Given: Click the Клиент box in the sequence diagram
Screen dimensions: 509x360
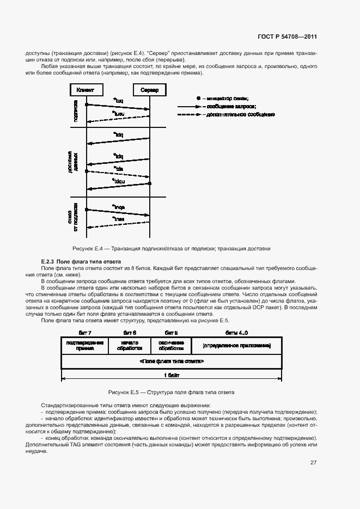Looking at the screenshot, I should [x=86, y=90].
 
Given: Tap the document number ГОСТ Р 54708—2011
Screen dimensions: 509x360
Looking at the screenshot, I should [x=288, y=37].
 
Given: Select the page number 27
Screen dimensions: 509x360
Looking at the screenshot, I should [x=313, y=463].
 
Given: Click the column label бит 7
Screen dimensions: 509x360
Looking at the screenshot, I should [x=84, y=332].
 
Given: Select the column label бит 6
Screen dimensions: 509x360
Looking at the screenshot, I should [x=130, y=332].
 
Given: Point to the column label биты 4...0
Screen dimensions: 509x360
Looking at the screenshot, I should [x=237, y=332].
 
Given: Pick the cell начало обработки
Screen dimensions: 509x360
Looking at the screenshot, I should [x=130, y=346].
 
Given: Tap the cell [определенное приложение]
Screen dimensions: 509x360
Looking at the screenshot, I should [x=236, y=346].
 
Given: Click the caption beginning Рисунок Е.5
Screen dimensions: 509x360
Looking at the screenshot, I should [x=172, y=392].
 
